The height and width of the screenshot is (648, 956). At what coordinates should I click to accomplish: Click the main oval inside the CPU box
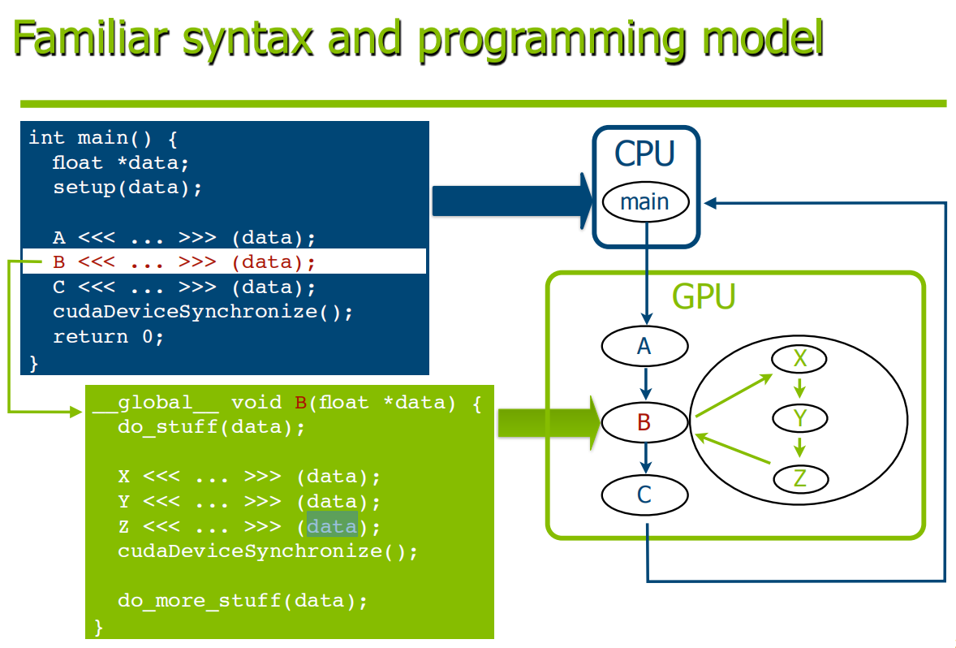(x=644, y=201)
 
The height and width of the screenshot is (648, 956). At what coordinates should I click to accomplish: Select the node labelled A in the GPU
(x=644, y=347)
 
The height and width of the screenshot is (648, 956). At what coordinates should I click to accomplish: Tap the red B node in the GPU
(x=644, y=421)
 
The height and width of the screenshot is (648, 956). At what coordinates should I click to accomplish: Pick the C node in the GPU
(x=644, y=495)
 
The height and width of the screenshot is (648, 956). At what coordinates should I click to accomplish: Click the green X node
(x=799, y=358)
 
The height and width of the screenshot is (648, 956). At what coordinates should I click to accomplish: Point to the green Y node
(x=799, y=418)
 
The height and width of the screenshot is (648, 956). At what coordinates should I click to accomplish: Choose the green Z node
(x=799, y=478)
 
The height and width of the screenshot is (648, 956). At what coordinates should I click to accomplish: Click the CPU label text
(x=644, y=153)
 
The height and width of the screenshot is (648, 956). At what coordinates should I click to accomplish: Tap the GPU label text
(x=703, y=298)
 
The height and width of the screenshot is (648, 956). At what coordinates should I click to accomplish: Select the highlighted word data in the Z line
(x=332, y=526)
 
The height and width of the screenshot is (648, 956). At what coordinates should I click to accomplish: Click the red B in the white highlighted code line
(x=58, y=261)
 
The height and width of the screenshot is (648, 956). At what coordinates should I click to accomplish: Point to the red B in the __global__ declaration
(x=299, y=402)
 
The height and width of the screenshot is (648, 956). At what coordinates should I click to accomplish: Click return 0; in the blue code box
(x=109, y=336)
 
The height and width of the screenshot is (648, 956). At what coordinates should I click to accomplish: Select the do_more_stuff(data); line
(x=243, y=601)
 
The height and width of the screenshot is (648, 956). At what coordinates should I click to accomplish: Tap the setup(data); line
(x=127, y=188)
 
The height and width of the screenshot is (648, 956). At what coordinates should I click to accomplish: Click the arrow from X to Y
(x=799, y=388)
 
